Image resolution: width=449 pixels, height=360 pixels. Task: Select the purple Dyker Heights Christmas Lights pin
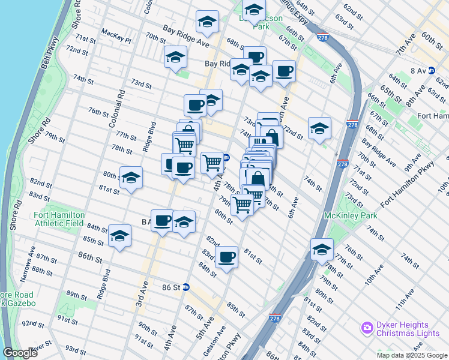click(x=367, y=328)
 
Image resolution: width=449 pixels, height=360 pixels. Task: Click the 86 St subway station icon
click(x=186, y=287)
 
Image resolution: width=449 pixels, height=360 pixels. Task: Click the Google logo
click(x=19, y=353)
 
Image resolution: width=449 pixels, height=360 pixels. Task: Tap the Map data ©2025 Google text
click(x=411, y=355)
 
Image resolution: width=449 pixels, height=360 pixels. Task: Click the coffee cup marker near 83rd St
click(x=226, y=258)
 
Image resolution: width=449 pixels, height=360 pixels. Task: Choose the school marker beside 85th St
click(x=119, y=236)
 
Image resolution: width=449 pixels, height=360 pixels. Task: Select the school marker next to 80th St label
click(x=131, y=178)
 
